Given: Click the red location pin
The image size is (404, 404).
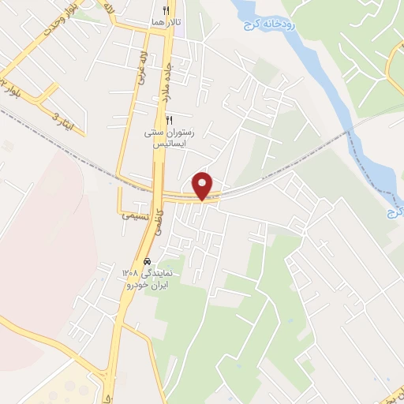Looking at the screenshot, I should pyautogui.click(x=204, y=185).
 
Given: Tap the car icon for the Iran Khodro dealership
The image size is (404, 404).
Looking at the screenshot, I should pyautogui.click(x=148, y=261).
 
